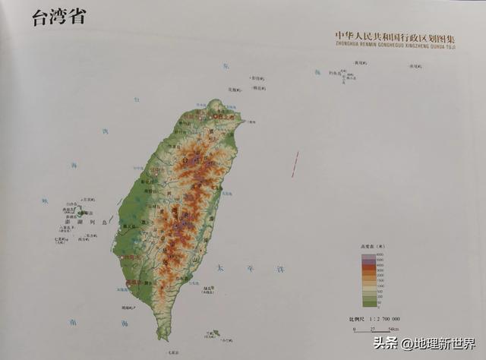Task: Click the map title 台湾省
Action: tap(58, 17)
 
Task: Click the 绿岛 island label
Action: tap(207, 289)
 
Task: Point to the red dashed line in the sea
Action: tap(295, 164)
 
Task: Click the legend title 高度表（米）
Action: tap(374, 248)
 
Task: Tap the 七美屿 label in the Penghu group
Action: tap(62, 239)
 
